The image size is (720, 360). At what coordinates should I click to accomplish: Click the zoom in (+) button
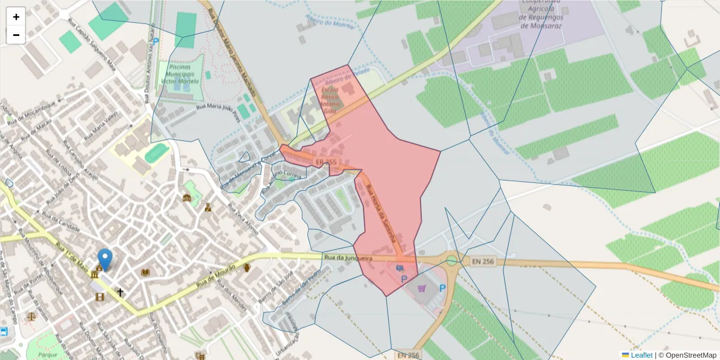click(x=16, y=17)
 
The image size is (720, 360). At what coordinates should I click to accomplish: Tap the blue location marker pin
click(x=105, y=259)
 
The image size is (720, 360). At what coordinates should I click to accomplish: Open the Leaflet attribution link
click(x=641, y=355)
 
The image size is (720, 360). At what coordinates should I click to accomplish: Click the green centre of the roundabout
click(x=451, y=260)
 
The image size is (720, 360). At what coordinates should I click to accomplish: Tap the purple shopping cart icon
click(x=422, y=289)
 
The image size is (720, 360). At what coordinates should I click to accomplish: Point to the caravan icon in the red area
click(x=400, y=268)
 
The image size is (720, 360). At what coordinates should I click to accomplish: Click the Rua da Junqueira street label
click(x=348, y=258)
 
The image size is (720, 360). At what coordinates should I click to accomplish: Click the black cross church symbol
click(x=120, y=292)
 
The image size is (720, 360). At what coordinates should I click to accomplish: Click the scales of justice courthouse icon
click(x=31, y=316)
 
